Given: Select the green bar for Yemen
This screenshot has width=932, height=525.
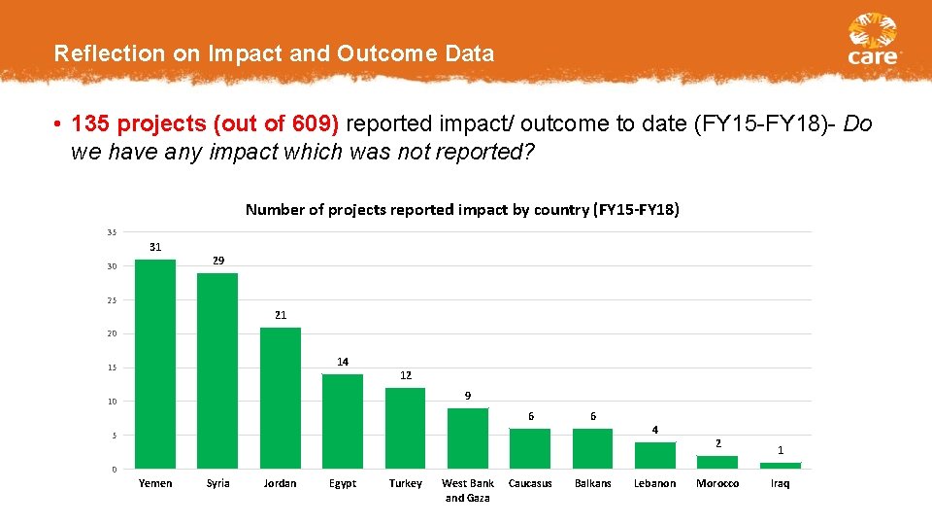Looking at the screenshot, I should (155, 364).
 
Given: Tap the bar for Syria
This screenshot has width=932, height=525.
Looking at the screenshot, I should (217, 370).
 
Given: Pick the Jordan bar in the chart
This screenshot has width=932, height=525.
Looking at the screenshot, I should (281, 398).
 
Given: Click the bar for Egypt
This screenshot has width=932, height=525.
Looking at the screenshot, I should (343, 421).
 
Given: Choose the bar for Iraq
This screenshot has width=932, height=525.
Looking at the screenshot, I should (781, 466).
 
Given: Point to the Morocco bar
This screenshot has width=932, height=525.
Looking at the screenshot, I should (717, 462).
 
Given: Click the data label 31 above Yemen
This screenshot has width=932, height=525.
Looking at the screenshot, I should (155, 247).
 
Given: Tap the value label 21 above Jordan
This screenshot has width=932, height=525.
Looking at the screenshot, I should (281, 315).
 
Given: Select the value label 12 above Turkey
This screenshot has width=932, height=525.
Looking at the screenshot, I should (406, 375).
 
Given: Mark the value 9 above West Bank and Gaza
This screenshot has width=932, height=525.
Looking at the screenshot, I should (468, 396).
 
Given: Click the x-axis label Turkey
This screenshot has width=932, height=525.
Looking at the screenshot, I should (406, 483).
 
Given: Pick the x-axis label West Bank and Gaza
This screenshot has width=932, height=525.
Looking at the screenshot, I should (468, 490).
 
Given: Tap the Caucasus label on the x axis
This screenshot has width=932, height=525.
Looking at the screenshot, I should (530, 483).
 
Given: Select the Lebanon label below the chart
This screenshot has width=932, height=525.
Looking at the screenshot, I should (655, 483).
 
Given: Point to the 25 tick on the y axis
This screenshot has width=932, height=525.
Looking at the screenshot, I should (113, 300).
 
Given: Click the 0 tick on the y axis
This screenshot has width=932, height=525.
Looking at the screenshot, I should (114, 470).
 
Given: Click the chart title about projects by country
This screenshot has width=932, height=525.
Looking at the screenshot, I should (462, 209).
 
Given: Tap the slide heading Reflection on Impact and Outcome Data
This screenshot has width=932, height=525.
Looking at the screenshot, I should (274, 53).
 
